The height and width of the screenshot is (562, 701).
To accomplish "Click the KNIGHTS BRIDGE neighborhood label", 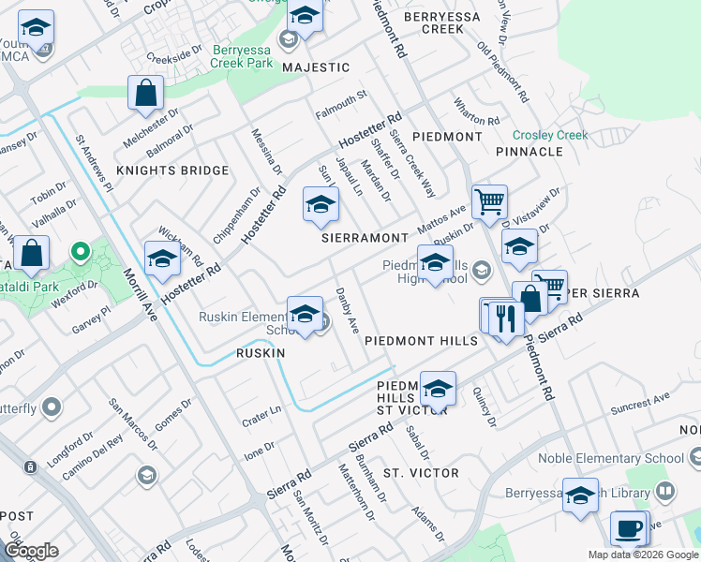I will (x=172, y=170).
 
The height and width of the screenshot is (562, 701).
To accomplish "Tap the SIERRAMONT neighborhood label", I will (x=365, y=238).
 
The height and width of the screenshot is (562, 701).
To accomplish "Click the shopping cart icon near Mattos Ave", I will (x=489, y=200).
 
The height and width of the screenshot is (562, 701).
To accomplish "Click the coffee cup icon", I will (x=628, y=528).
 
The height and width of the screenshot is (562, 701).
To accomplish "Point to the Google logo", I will (x=31, y=551).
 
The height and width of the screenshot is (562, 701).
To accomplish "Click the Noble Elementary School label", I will (x=610, y=459).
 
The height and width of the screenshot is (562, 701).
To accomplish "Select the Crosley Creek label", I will (x=550, y=135).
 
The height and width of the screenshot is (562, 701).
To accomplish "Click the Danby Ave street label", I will (x=348, y=311).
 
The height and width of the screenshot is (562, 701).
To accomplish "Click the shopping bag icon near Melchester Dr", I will (x=146, y=93).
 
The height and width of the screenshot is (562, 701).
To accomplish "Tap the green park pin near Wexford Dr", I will (x=81, y=251).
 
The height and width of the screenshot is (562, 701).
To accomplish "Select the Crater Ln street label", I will (x=262, y=410).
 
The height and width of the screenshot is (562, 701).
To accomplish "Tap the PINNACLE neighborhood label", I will (x=529, y=151).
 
